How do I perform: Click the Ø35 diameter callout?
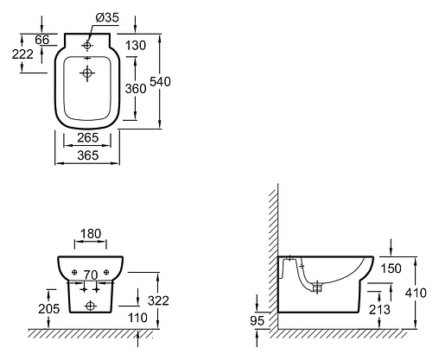coord(107,17)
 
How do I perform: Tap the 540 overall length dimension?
coord(160,82)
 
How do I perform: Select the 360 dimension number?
coord(136,88)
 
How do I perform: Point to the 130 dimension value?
coord(136,46)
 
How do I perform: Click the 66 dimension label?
coord(42,40)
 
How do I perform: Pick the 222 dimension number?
coord(22,54)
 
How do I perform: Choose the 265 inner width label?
coord(88,137)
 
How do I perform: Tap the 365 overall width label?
coord(88,155)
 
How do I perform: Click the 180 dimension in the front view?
coord(91,234)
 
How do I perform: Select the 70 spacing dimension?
coord(91,275)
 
